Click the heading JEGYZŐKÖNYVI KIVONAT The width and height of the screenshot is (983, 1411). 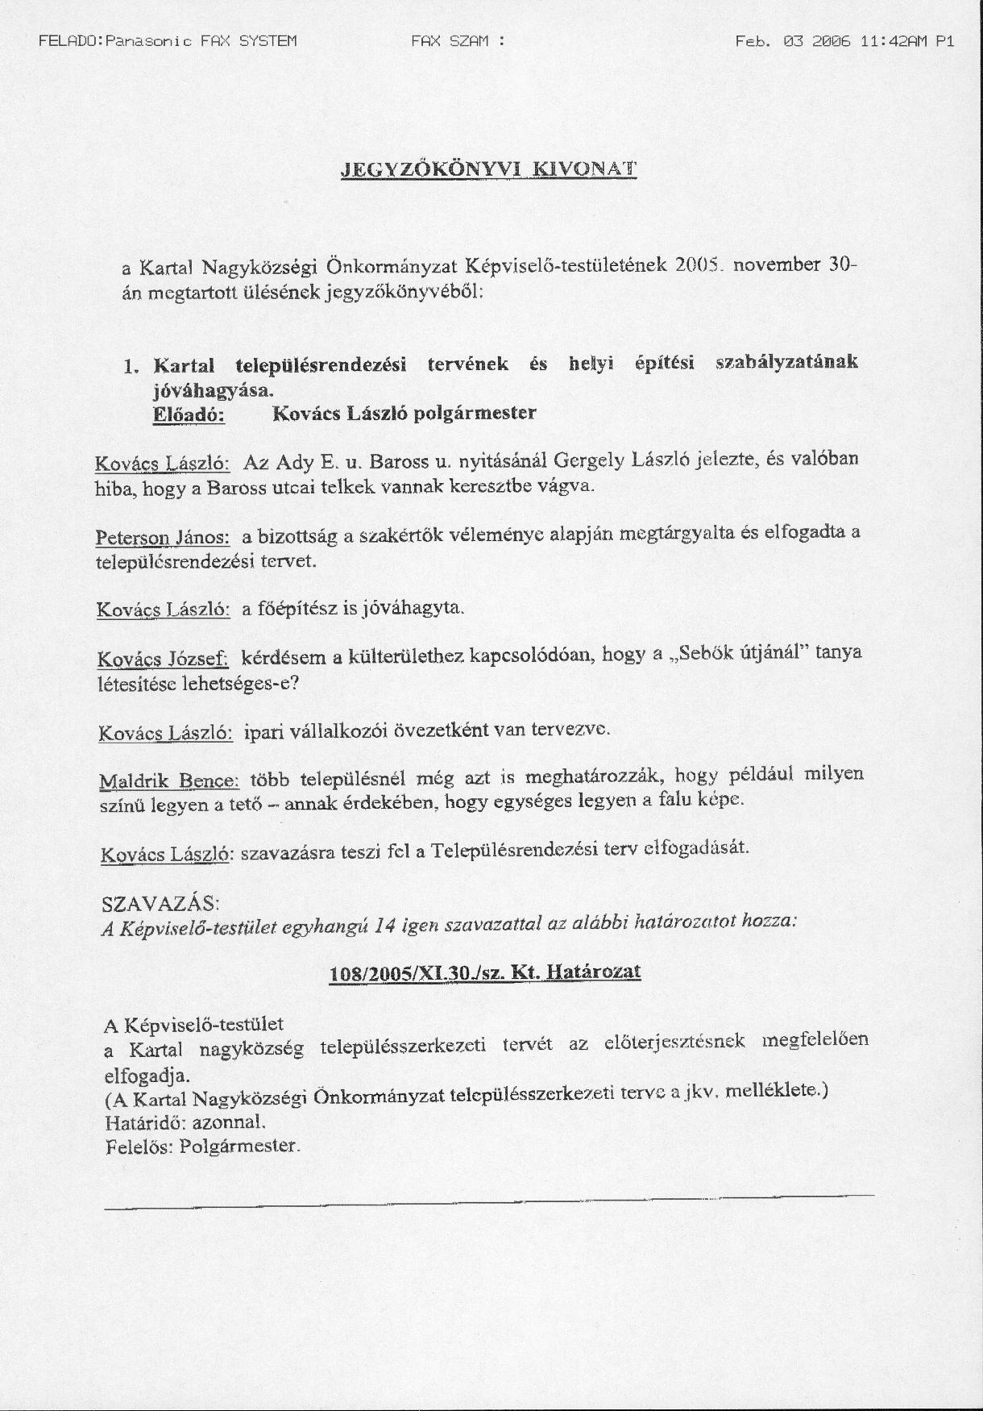click(x=488, y=169)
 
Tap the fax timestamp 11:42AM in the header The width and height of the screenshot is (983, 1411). click(x=891, y=41)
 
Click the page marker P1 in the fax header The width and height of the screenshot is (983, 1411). click(x=945, y=41)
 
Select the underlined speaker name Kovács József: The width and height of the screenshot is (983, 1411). click(x=164, y=659)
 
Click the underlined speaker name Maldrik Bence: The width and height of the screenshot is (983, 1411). click(x=169, y=780)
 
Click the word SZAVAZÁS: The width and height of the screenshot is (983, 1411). click(x=161, y=901)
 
